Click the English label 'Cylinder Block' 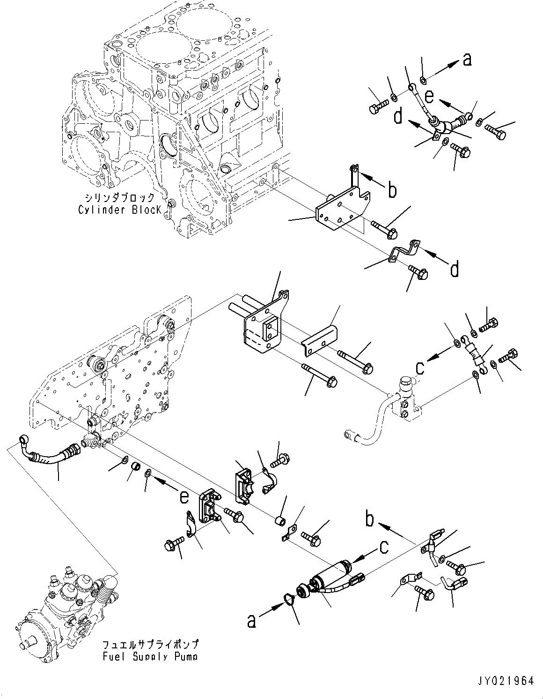click(119, 210)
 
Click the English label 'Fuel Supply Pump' click(150, 656)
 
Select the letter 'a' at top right click(466, 60)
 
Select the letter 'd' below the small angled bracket click(454, 270)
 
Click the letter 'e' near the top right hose click(429, 96)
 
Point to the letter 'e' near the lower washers click(184, 496)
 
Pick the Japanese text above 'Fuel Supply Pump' click(150, 645)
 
